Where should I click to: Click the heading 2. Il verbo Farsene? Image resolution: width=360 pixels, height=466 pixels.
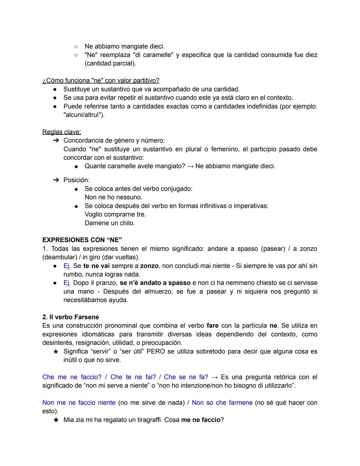point(71,317)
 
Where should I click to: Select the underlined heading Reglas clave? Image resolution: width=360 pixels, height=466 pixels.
point(62,132)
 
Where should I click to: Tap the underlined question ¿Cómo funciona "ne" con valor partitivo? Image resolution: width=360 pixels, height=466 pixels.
point(101,80)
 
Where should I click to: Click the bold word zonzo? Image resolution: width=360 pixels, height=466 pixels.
point(149,266)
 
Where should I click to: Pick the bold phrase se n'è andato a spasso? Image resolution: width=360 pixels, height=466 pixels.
point(155,283)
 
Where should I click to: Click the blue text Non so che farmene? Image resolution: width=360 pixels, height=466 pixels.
point(222,403)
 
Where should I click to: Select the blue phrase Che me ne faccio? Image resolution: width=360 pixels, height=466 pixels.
point(72,377)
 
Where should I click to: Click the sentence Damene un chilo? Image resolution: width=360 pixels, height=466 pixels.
point(110,223)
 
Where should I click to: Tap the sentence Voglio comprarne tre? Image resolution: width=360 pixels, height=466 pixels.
point(115,214)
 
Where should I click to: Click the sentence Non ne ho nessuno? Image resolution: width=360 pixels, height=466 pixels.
point(113,197)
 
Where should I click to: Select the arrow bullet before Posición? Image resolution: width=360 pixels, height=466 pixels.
point(56,180)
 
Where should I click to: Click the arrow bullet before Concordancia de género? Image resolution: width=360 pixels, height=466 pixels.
point(56,140)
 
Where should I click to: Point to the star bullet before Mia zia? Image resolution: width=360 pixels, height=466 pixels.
point(56,420)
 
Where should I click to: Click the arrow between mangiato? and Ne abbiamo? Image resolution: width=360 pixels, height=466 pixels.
point(190,166)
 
